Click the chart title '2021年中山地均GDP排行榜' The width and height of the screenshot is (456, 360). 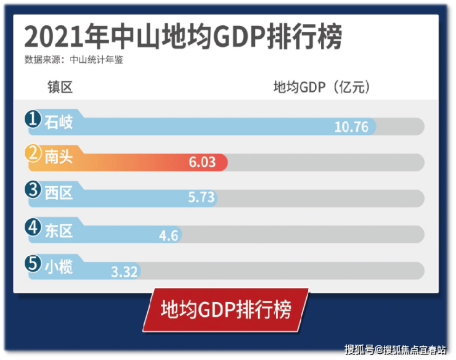pos(182,37)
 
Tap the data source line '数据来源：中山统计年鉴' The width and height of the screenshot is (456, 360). pos(78,61)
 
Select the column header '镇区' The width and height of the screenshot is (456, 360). pos(60,88)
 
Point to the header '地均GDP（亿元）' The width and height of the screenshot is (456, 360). pos(322,88)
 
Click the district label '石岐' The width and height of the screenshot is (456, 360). pos(59,122)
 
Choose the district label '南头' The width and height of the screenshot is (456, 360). pos(59,157)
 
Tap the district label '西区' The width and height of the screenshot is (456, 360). pos(59,193)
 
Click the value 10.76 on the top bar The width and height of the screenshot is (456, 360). pos(351,127)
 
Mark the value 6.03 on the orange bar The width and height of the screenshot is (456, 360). pos(202,162)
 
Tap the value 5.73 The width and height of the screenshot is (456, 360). pos(201,198)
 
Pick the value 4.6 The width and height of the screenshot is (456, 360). pos(168,235)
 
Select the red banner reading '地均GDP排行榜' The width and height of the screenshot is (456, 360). pos(225,310)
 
